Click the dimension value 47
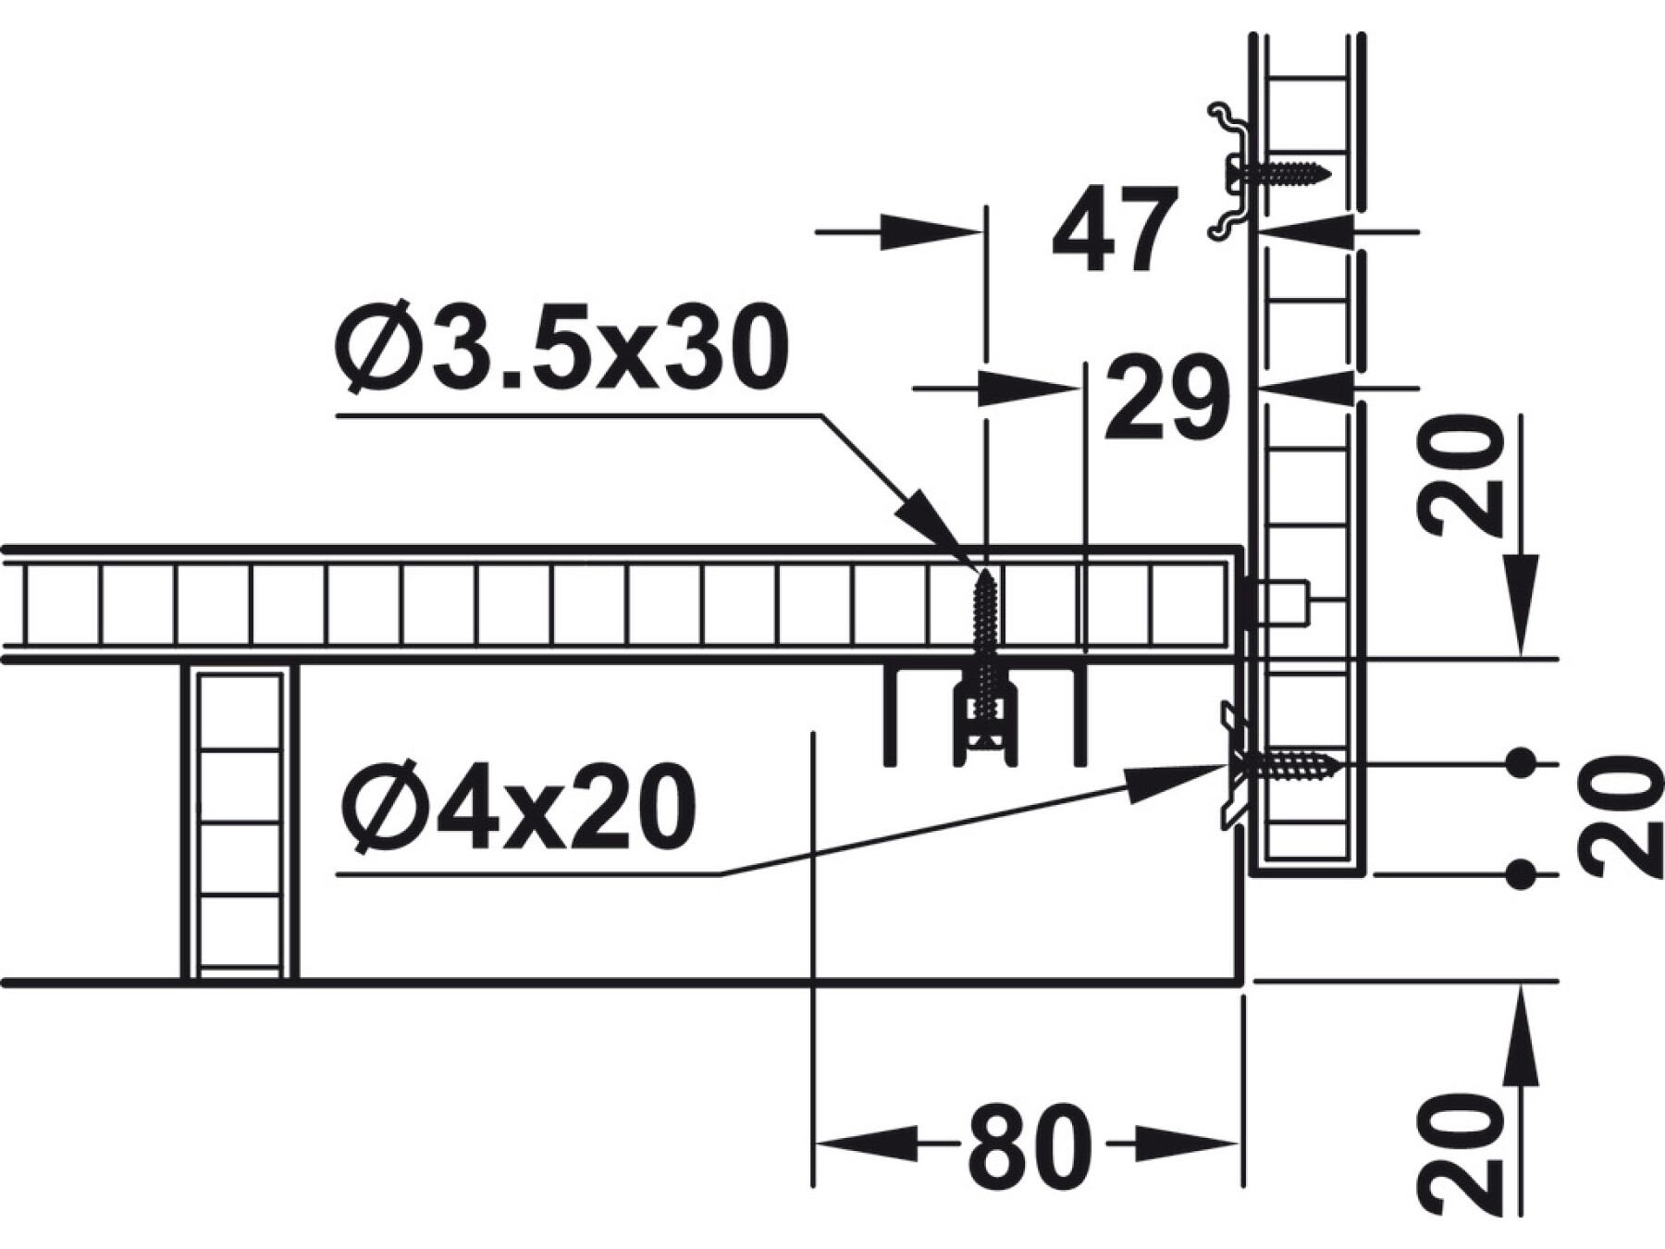[1116, 229]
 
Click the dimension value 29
[1166, 399]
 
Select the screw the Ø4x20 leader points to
[1285, 764]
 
